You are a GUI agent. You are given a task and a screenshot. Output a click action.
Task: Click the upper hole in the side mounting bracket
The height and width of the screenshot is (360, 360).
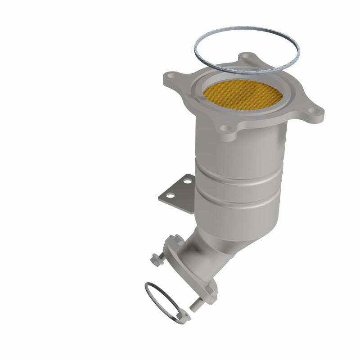click(186, 182)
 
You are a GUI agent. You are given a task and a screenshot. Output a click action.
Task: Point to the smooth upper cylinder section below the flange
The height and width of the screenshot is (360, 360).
click(238, 148)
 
